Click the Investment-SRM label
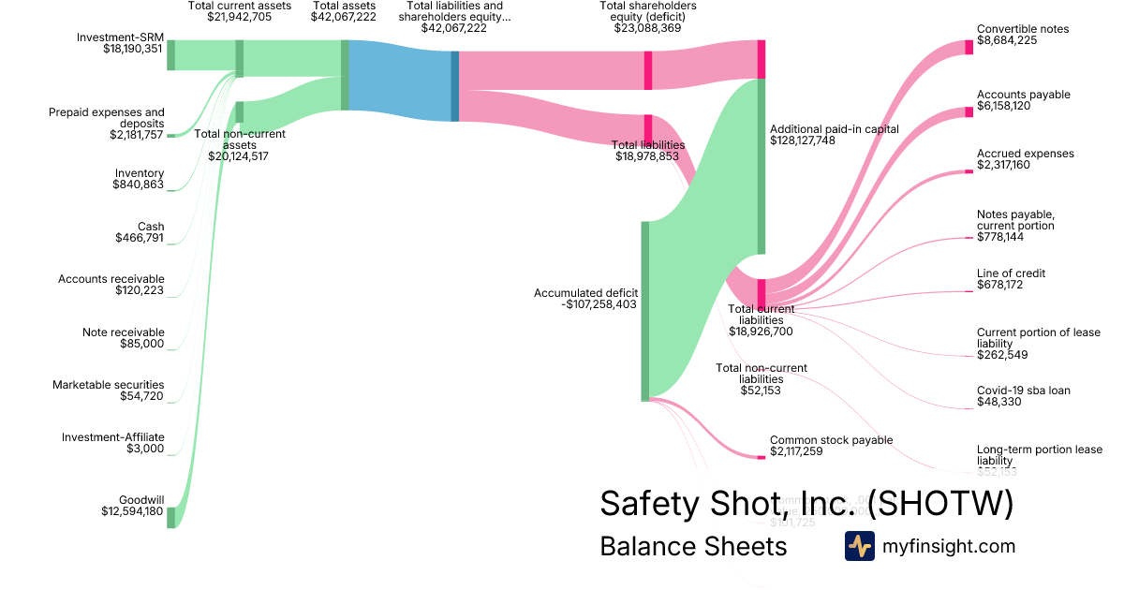click(120, 37)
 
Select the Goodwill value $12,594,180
click(132, 511)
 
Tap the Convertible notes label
click(1022, 29)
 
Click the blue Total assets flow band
click(400, 80)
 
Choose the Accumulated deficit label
click(585, 293)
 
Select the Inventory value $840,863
click(138, 185)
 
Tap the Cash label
click(151, 227)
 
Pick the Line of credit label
click(1011, 273)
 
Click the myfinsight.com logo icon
click(859, 546)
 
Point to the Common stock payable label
click(831, 440)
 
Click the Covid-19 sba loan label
click(1023, 391)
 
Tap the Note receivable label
click(123, 332)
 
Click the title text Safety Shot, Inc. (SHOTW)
click(806, 505)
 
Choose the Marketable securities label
click(108, 385)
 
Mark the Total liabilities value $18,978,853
click(647, 157)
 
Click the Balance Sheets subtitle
click(693, 547)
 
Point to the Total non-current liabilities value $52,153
click(761, 391)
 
